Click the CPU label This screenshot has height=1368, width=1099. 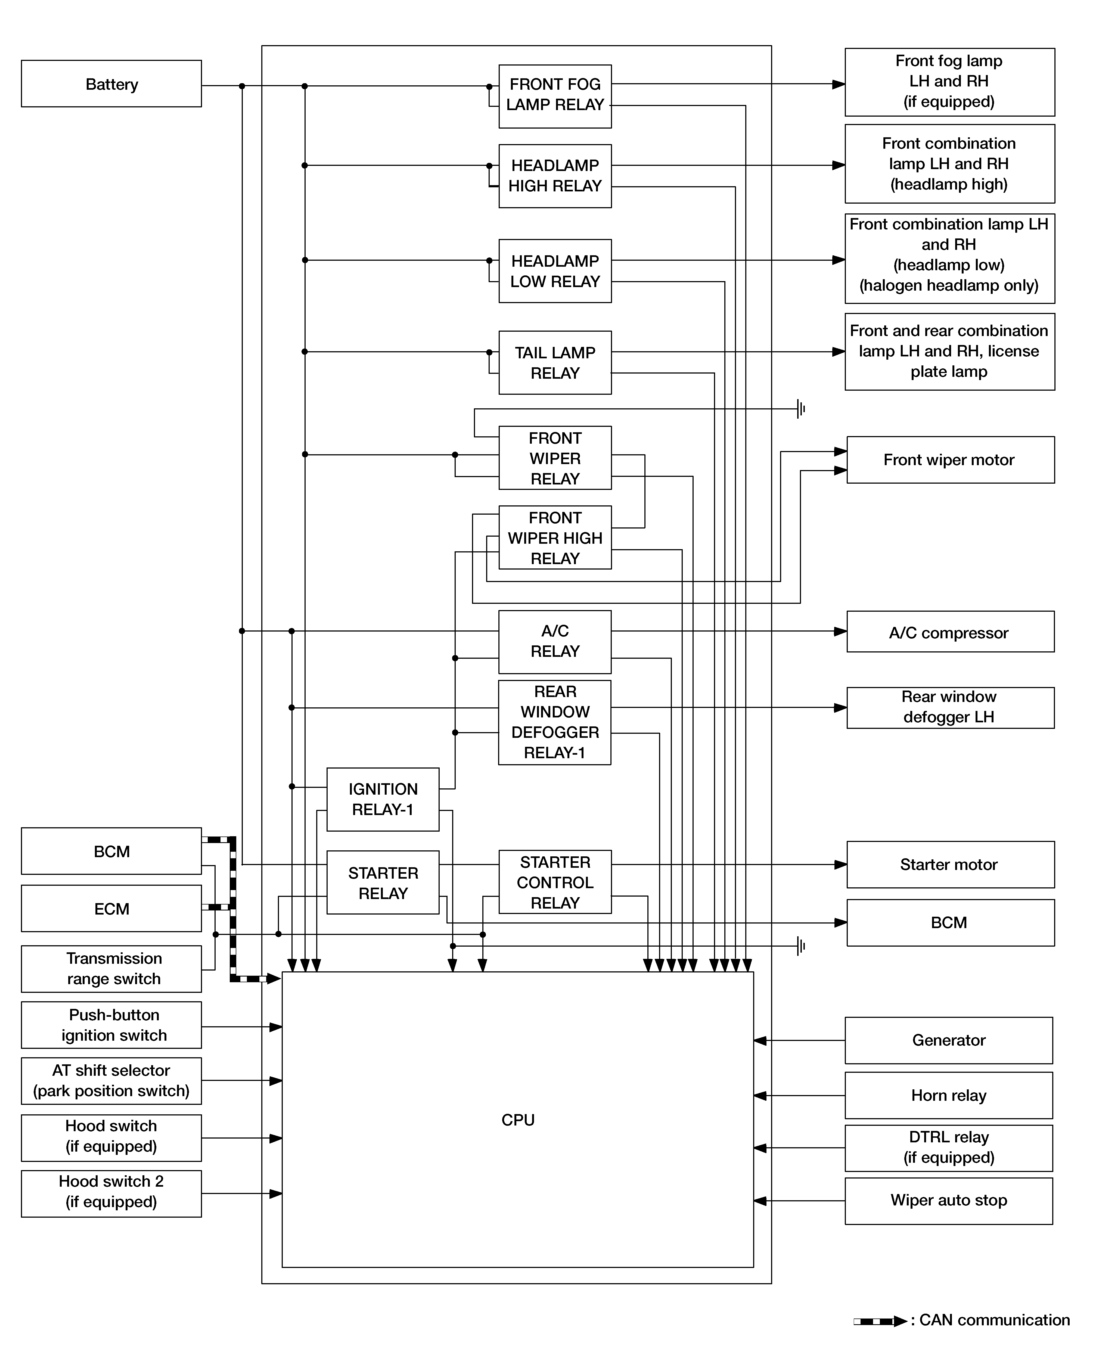point(518,1120)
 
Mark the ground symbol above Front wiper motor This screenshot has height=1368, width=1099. point(801,409)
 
